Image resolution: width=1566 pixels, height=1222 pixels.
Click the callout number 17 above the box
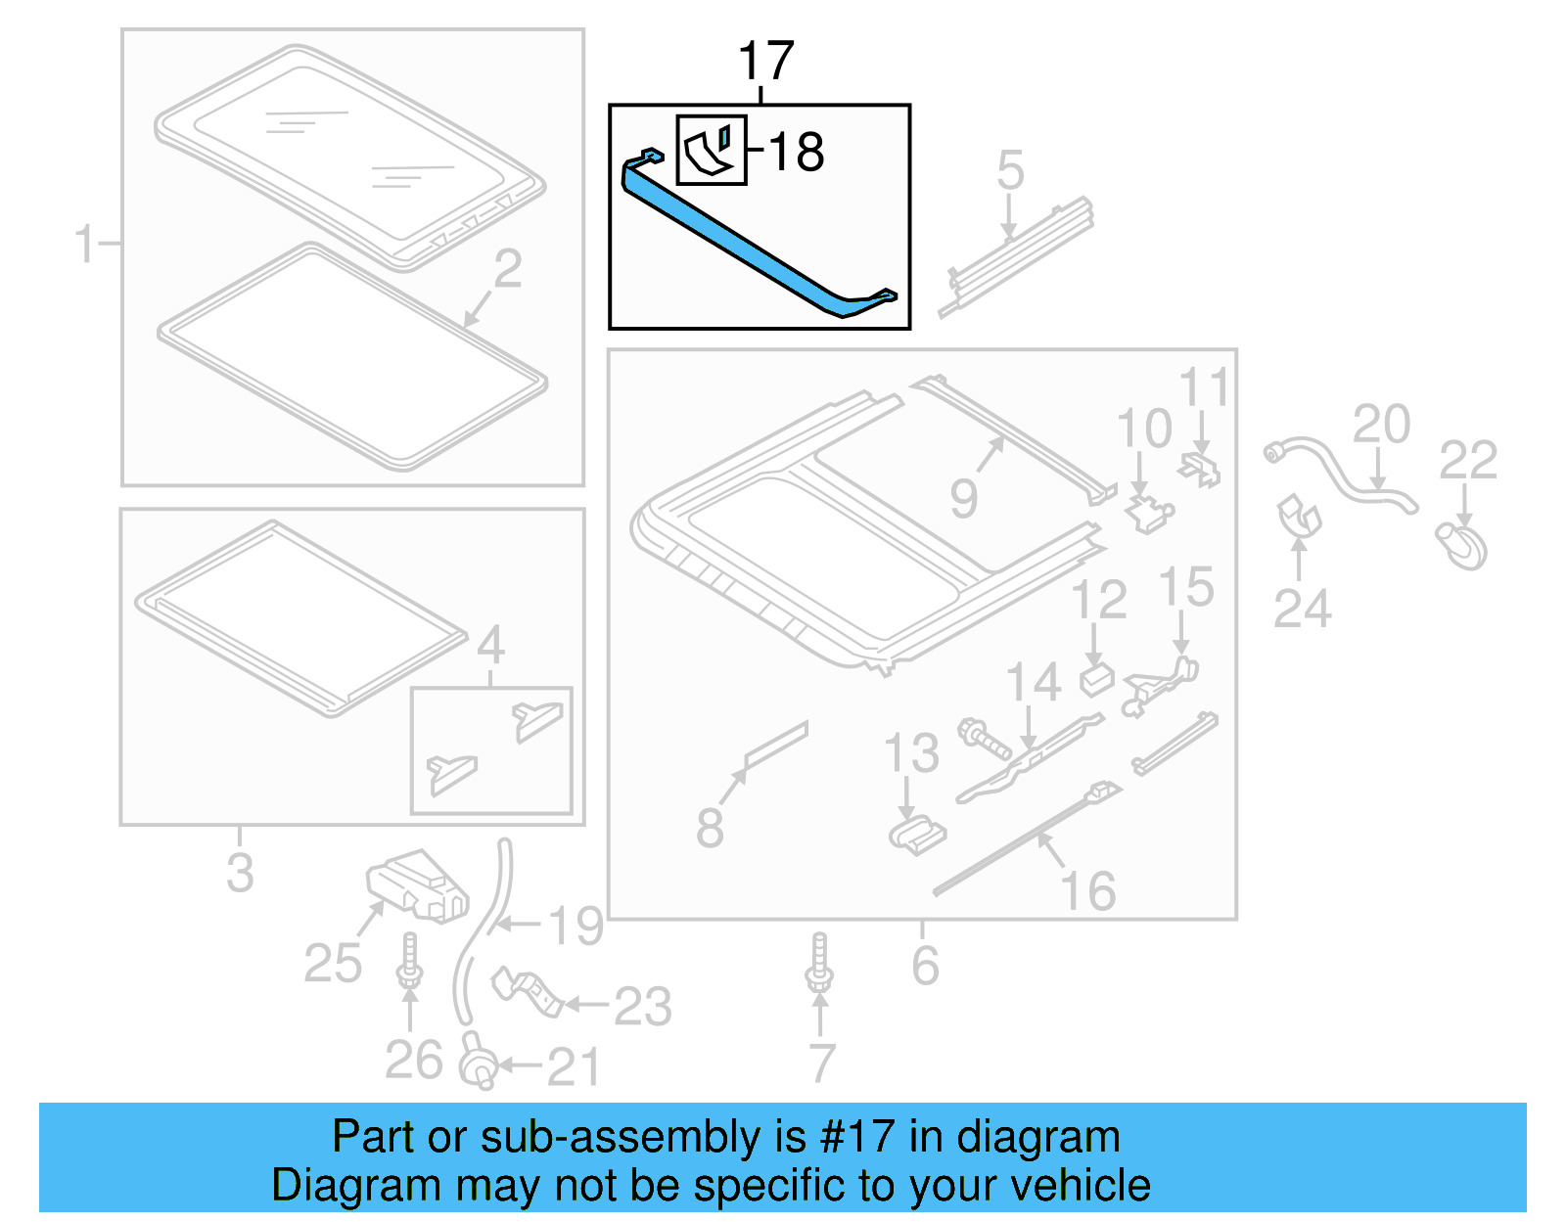pyautogui.click(x=765, y=61)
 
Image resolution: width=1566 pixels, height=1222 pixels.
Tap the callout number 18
pyautogui.click(x=795, y=153)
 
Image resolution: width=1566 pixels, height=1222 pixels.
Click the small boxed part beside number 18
pyautogui.click(x=712, y=150)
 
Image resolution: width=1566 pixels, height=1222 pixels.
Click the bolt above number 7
pyautogui.click(x=819, y=963)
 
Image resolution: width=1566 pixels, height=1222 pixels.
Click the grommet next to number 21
pyautogui.click(x=478, y=1063)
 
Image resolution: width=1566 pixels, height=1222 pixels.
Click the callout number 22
pyautogui.click(x=1467, y=460)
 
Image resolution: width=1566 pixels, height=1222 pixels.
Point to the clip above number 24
pyautogui.click(x=1299, y=516)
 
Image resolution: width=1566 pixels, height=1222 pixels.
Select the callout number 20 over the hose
pyautogui.click(x=1381, y=424)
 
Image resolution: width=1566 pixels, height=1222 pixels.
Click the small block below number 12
pyautogui.click(x=1097, y=678)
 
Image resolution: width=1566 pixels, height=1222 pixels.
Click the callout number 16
pyautogui.click(x=1087, y=890)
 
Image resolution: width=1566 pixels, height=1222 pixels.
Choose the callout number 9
pyautogui.click(x=963, y=499)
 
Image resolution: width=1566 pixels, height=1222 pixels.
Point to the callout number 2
pyautogui.click(x=507, y=268)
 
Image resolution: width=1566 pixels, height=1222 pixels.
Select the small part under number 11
pyautogui.click(x=1202, y=469)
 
